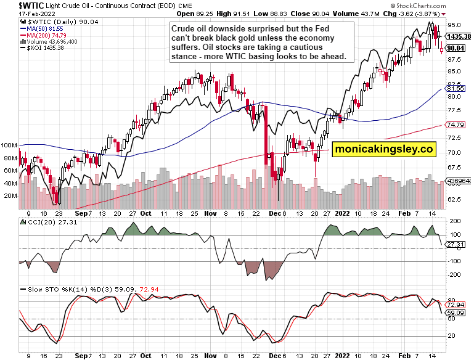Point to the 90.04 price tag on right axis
click(457, 48)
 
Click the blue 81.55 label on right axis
click(456, 89)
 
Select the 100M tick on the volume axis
click(9, 146)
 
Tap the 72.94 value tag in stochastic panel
click(456, 305)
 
